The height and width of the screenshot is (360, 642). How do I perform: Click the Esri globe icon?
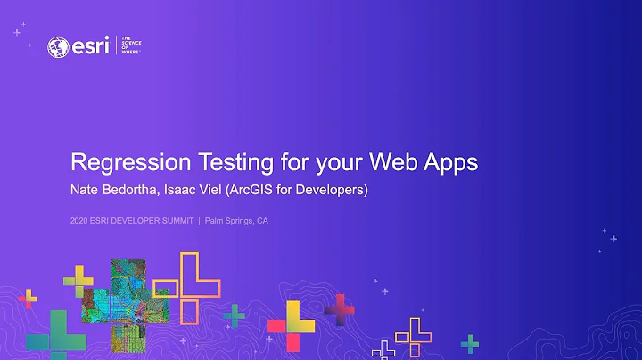[60, 47]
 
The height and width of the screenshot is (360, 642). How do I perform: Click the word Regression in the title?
[128, 163]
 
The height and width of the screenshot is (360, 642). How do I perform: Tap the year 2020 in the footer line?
[80, 222]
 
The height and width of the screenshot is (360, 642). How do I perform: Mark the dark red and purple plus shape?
[340, 310]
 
